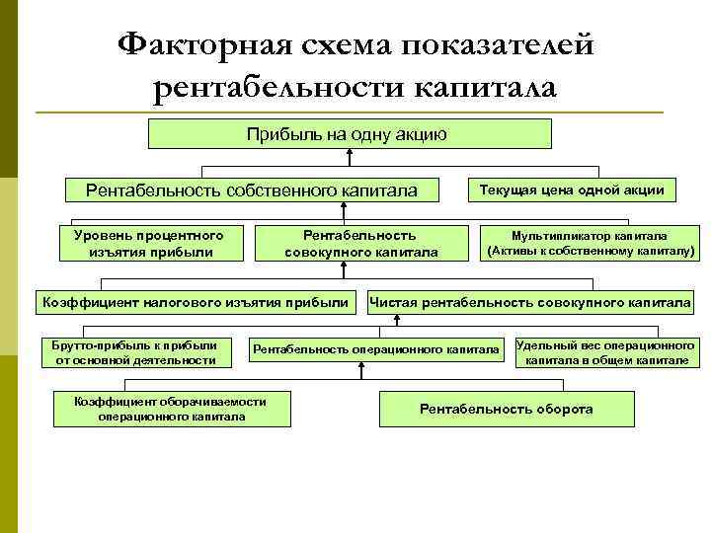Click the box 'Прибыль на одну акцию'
point(349,133)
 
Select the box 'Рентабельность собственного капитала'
point(251,190)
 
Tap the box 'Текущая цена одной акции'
point(571,189)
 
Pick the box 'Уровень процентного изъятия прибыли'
point(149,243)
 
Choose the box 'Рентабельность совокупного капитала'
point(360,243)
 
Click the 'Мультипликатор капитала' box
point(589,243)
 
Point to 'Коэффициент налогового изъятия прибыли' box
point(192,301)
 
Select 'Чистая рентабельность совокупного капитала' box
point(529,301)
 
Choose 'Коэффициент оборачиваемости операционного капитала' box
point(172,408)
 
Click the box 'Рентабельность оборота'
point(507,408)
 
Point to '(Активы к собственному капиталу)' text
point(589,251)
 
